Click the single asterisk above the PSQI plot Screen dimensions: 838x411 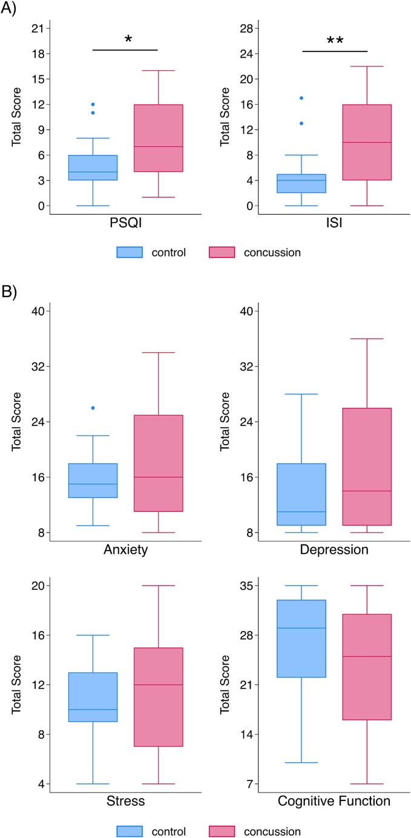(x=128, y=41)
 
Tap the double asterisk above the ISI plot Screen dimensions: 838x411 (x=335, y=41)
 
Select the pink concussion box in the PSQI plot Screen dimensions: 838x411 (x=158, y=138)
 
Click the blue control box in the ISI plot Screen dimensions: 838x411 (x=301, y=183)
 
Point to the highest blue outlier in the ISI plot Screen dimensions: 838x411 (x=301, y=98)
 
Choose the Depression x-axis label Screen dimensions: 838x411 (x=334, y=550)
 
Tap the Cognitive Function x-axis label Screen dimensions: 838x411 (x=334, y=802)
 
